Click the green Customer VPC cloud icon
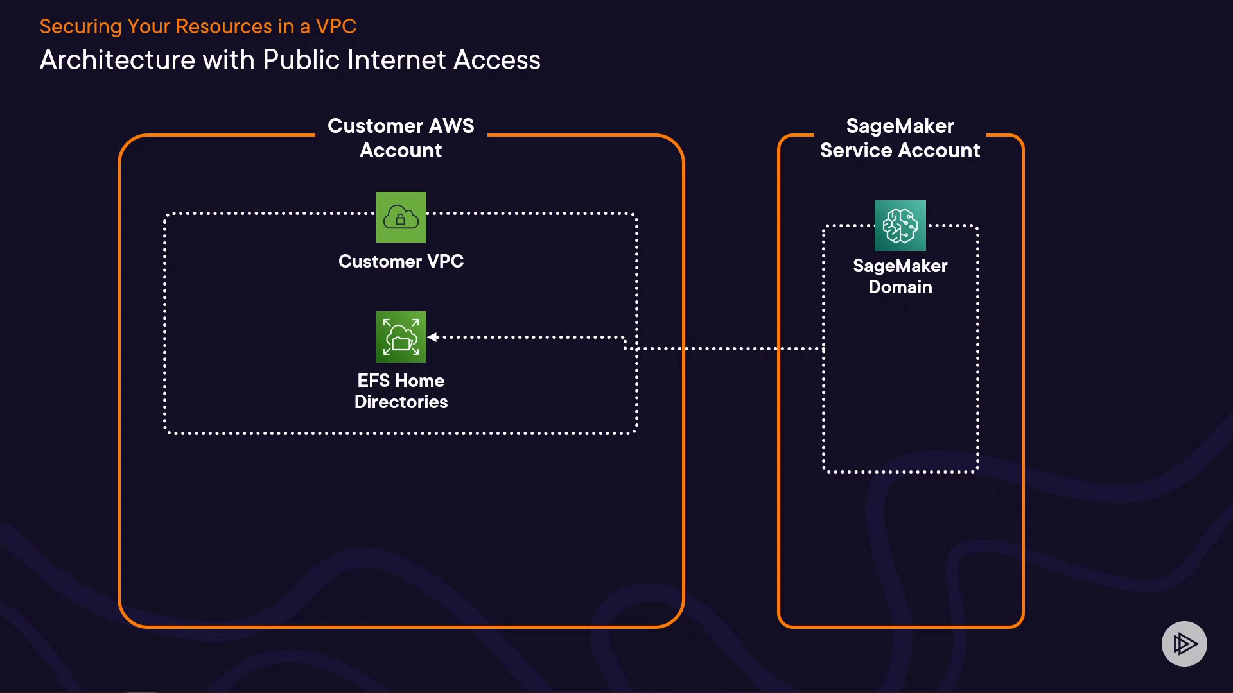point(401,217)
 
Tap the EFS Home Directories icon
point(401,337)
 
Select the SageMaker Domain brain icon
point(900,225)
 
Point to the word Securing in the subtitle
point(80,26)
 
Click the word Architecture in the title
point(117,60)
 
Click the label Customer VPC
point(401,261)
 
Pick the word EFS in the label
point(373,381)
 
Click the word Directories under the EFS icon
point(401,402)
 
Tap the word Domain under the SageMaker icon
point(900,287)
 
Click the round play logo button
point(1184,644)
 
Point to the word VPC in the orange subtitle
point(336,26)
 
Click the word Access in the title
point(496,60)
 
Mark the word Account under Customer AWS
point(401,151)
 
